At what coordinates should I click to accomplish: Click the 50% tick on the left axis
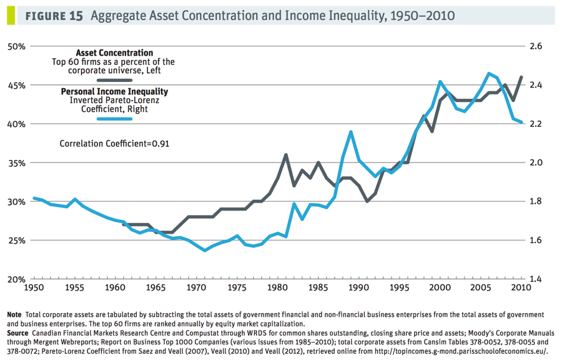pos(16,46)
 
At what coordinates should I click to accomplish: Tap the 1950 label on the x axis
pos(34,288)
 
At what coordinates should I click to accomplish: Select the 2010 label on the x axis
pos(521,288)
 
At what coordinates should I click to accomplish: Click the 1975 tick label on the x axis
pos(237,288)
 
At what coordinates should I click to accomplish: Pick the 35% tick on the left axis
pos(16,163)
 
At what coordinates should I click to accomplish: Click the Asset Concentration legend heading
pos(114,53)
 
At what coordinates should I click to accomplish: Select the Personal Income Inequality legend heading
pos(114,91)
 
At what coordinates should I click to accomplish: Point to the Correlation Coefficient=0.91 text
pos(114,144)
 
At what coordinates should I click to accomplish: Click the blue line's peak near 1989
pos(351,132)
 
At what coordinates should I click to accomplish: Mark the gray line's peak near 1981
pos(285,155)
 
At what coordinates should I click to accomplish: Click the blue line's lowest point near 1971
pos(204,251)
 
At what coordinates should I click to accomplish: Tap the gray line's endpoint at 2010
pos(521,77)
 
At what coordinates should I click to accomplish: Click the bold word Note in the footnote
pos(14,314)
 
